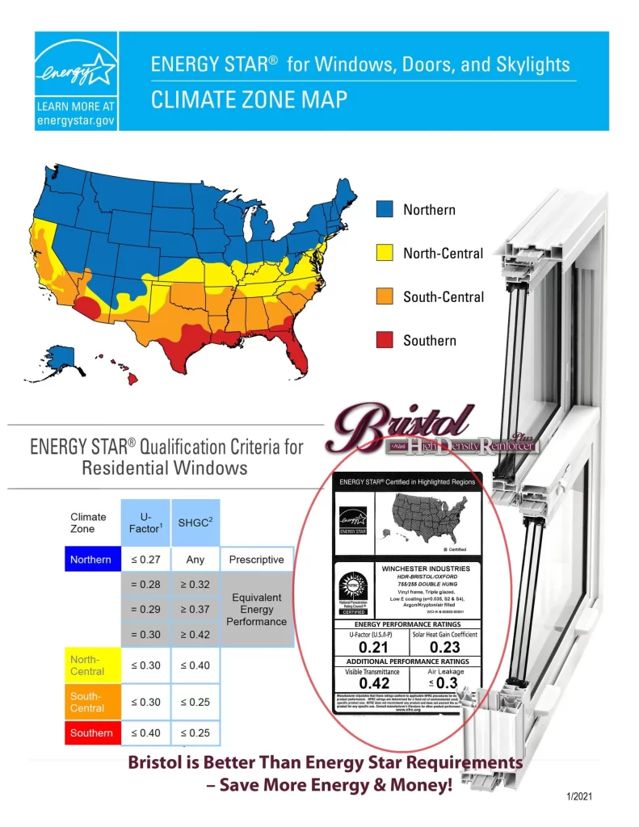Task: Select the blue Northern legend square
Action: [385, 209]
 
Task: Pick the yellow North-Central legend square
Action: [385, 253]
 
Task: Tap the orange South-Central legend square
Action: [385, 296]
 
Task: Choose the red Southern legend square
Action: [385, 340]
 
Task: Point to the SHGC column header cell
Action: [195, 523]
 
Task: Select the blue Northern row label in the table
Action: [91, 560]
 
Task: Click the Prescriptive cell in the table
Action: [256, 560]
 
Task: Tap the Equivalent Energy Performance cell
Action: [256, 610]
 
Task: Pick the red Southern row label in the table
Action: [91, 733]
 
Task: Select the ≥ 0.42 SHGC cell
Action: [195, 635]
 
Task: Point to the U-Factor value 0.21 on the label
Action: [373, 647]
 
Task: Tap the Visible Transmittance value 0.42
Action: [373, 683]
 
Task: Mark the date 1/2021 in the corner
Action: [578, 797]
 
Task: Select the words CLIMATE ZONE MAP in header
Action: [250, 100]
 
